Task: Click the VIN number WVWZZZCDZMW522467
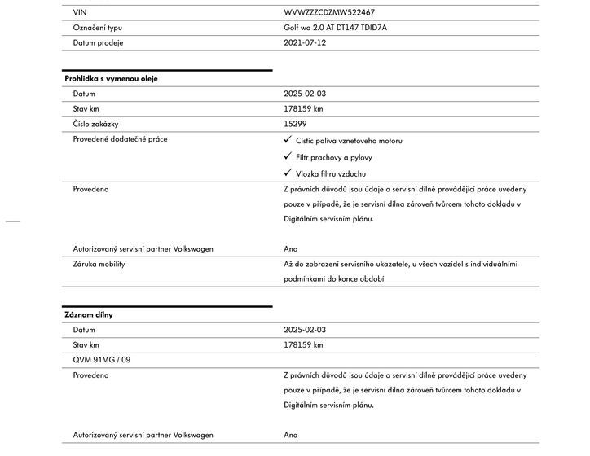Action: click(329, 13)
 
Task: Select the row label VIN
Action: click(79, 13)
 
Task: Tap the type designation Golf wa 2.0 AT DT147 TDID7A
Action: click(336, 28)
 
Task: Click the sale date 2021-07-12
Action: click(305, 42)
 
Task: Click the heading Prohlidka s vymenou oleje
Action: click(111, 79)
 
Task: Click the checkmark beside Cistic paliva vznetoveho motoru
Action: click(288, 140)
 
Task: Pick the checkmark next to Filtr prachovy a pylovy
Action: click(288, 156)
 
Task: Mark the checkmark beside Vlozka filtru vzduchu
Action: click(288, 173)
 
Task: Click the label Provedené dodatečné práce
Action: click(120, 139)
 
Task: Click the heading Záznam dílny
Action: click(88, 314)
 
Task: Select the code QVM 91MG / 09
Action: click(102, 360)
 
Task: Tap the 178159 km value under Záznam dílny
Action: click(303, 345)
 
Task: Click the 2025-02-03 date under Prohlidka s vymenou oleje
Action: click(305, 94)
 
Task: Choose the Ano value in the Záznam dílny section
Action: click(291, 435)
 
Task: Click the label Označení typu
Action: click(98, 28)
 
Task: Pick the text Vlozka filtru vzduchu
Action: click(332, 173)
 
